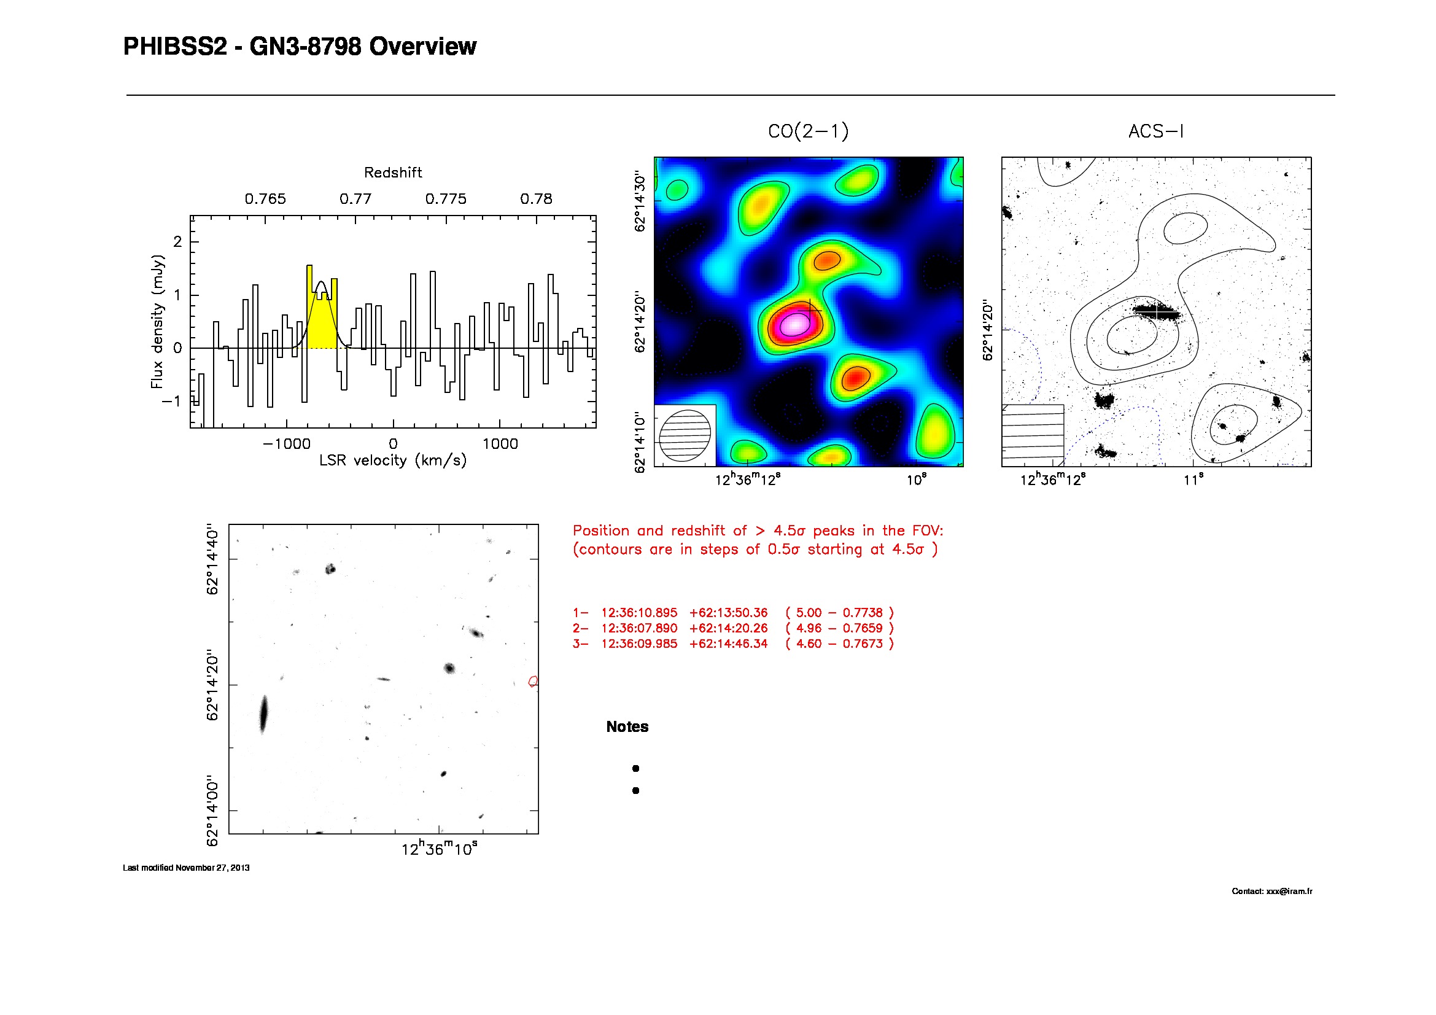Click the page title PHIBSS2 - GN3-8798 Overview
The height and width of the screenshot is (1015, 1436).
click(x=300, y=47)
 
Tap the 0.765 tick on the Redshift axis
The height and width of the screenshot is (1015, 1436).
click(x=265, y=199)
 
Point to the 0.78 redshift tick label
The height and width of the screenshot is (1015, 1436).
click(x=536, y=199)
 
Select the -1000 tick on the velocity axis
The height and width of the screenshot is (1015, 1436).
click(x=287, y=444)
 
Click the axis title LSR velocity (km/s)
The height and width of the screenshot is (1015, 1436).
click(x=393, y=461)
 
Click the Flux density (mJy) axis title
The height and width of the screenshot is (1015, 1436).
click(x=157, y=322)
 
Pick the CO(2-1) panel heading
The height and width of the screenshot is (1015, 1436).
click(x=808, y=131)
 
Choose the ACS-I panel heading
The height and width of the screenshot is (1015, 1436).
click(x=1156, y=131)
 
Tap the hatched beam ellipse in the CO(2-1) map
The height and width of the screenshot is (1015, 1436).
click(x=686, y=436)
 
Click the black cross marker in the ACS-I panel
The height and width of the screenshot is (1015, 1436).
click(x=1157, y=311)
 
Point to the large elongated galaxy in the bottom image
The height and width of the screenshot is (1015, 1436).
click(x=263, y=714)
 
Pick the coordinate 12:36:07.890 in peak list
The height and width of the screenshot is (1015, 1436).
click(x=638, y=628)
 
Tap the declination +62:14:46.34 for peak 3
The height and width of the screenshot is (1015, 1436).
click(x=728, y=644)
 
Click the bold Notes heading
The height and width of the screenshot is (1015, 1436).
click(x=627, y=726)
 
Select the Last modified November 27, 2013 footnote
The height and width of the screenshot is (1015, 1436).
click(x=186, y=868)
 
